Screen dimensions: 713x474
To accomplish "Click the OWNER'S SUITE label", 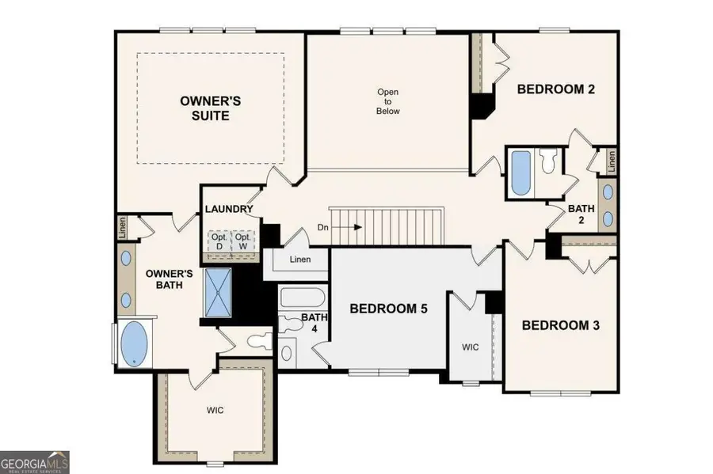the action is coord(211,108).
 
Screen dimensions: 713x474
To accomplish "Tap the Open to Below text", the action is coord(388,101).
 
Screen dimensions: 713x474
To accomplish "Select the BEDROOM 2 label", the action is coord(555,89).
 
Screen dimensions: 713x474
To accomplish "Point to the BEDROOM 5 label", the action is coord(389,309).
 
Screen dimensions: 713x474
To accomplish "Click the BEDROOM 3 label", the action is coord(561,325).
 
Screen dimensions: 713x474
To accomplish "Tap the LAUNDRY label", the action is coord(229,210).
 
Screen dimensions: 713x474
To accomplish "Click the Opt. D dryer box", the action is coord(219,242).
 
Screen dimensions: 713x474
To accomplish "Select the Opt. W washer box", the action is coord(243,242).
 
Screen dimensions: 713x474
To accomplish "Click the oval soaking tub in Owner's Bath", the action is coord(134,343).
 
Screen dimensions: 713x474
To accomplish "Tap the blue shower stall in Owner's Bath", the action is coord(219,292).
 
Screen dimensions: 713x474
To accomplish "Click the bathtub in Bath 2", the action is coord(521,173).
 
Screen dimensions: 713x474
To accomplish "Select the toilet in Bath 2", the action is coord(548,161).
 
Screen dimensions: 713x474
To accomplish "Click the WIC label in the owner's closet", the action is coord(215,411).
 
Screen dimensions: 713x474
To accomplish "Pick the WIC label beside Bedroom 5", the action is coord(470,347).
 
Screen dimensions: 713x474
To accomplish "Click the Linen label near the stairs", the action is coord(300,260).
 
